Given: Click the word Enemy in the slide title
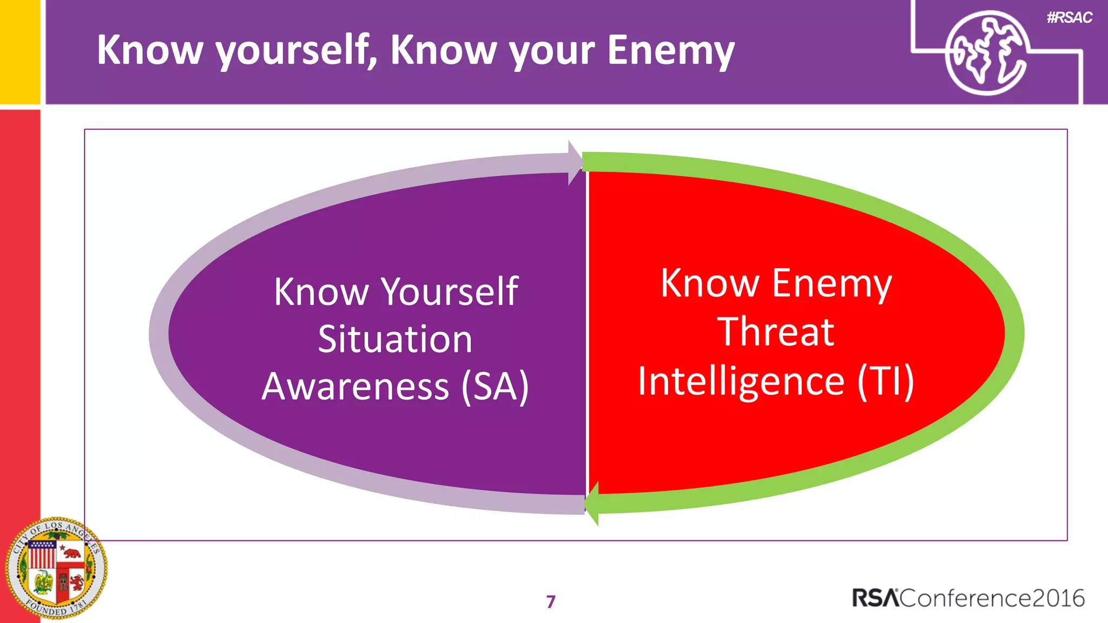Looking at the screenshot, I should click(671, 50).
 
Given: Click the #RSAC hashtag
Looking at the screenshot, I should click(1070, 18).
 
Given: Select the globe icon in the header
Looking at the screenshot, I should click(986, 52).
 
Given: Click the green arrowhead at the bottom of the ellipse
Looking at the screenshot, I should click(593, 503).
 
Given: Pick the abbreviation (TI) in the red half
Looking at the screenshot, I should click(886, 381).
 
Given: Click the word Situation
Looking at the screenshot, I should click(395, 339).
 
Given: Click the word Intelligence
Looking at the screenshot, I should click(741, 381).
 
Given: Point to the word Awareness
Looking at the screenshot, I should click(355, 386).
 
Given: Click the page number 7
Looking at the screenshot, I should click(551, 601).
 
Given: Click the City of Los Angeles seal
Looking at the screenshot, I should click(56, 568).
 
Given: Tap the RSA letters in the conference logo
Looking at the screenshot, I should click(875, 598).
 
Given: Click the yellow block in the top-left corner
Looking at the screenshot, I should click(19, 51).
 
